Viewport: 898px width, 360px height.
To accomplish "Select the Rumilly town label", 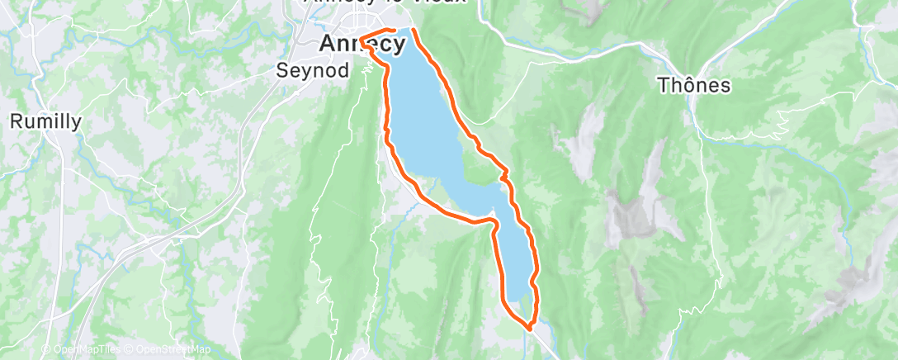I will coord(45,121).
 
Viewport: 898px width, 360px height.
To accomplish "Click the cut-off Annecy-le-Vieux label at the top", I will coord(385,2).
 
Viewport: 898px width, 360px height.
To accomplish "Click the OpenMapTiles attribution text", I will coord(87,349).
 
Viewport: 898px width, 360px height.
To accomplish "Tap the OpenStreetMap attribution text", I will coord(169,349).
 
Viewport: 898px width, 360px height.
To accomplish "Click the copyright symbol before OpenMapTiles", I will coord(46,349).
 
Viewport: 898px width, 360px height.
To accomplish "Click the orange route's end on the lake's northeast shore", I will coord(413,31).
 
